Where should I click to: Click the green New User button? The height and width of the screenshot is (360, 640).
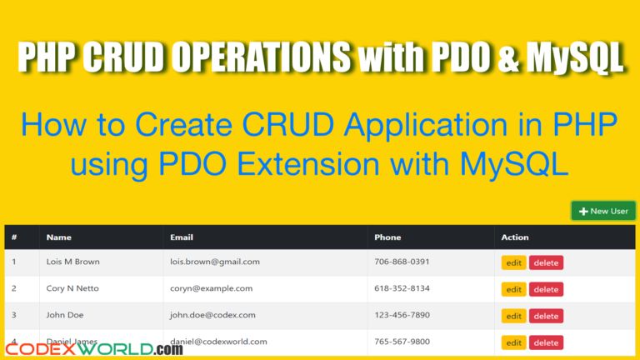(x=603, y=211)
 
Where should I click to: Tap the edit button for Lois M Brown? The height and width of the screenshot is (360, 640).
(x=513, y=262)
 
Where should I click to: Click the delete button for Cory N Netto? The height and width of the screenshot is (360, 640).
(x=546, y=289)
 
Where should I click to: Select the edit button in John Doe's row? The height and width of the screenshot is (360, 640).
(x=513, y=316)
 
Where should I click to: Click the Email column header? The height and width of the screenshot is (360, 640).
(x=182, y=237)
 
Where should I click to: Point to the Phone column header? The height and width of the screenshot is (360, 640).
(x=387, y=237)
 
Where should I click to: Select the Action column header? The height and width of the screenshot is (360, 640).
(x=515, y=237)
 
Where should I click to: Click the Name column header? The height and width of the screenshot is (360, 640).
(x=58, y=237)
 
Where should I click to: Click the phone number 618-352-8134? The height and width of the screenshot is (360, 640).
(x=402, y=288)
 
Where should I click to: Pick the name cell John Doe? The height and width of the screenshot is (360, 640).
(x=65, y=315)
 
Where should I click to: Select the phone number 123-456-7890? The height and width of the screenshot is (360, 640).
(x=402, y=315)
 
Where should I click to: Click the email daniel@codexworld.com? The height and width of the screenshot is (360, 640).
(x=218, y=342)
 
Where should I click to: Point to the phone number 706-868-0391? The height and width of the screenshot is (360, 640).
(x=402, y=262)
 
